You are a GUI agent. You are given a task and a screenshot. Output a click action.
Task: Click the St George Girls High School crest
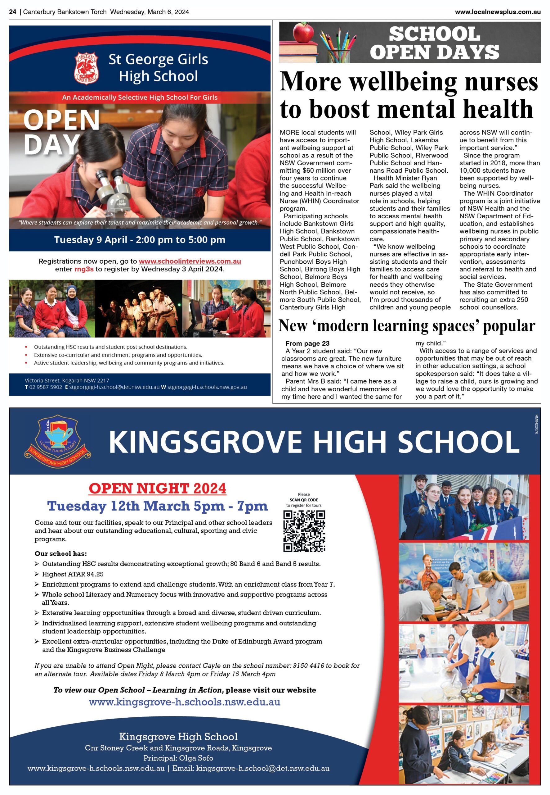coord(87,68)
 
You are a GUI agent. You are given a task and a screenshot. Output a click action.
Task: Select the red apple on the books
coord(303,32)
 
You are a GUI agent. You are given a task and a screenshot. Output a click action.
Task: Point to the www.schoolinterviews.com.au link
coord(190,261)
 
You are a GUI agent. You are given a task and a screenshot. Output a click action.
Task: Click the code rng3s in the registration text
coord(84,269)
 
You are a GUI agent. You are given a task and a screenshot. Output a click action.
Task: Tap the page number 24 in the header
coord(12,12)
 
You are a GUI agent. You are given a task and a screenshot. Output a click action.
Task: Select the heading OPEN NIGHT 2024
coord(158,488)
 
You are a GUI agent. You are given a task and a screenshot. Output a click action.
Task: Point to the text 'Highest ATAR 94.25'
coord(72,574)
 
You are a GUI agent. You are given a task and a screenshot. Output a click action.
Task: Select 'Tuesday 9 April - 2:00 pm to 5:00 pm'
coord(140,240)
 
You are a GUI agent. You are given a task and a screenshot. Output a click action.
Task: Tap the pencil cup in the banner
coord(339,53)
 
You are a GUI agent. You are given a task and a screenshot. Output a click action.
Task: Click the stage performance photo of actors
coord(139,309)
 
